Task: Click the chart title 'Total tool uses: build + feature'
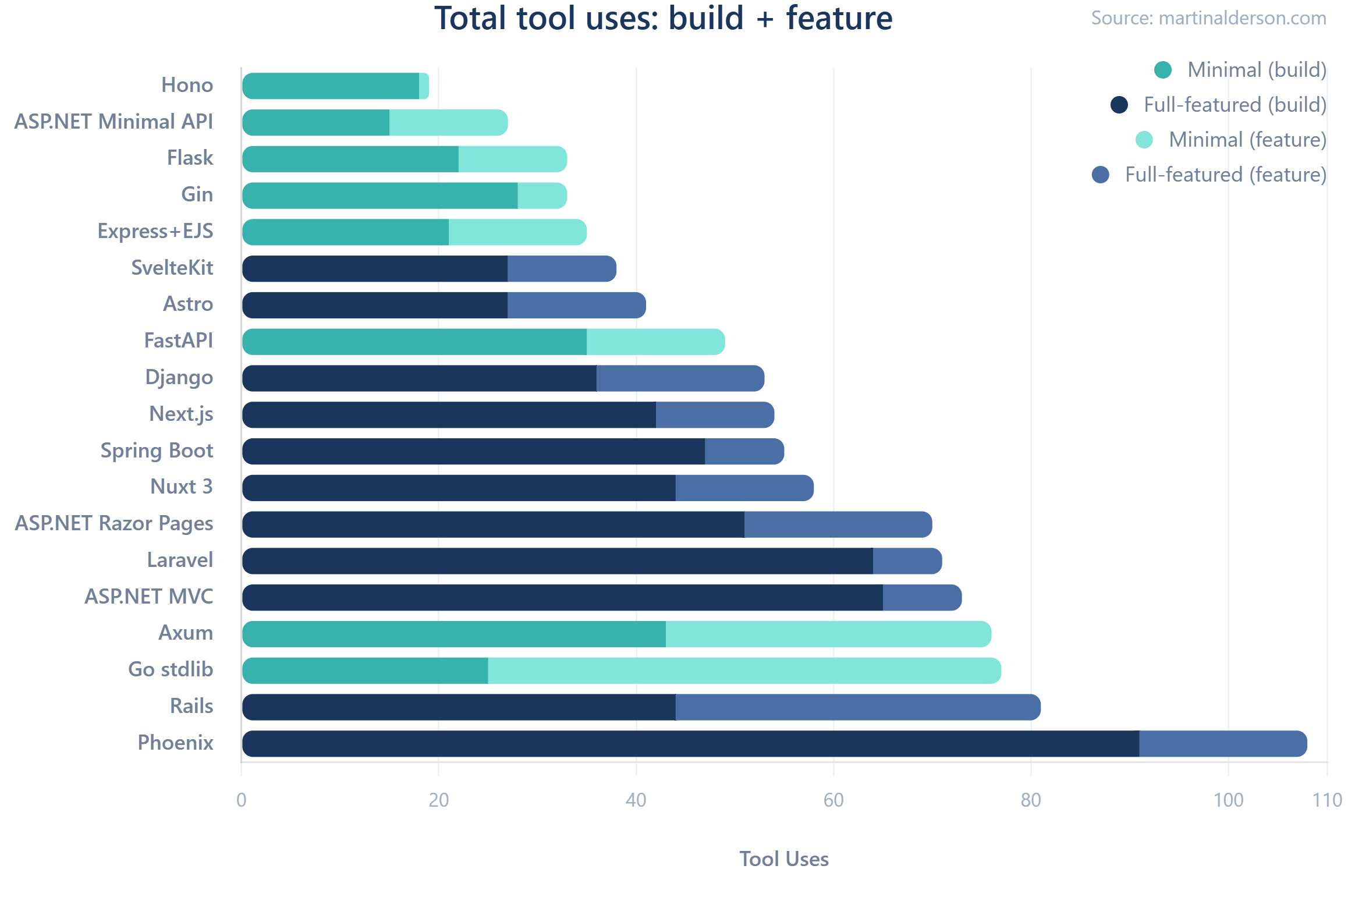[664, 19]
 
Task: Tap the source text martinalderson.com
[1208, 18]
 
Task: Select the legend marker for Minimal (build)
[1162, 70]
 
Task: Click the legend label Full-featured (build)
[1235, 105]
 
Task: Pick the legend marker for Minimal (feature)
[1144, 140]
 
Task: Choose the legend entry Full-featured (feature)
[1225, 175]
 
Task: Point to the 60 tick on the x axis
[833, 800]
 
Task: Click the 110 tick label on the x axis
[1326, 800]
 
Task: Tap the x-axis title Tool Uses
[783, 859]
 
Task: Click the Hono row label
[187, 85]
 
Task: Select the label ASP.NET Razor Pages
[114, 523]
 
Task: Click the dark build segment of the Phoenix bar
[690, 744]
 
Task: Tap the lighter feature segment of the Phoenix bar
[1222, 744]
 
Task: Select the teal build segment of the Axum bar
[454, 634]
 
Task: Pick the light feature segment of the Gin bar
[541, 196]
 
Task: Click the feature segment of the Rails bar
[857, 707]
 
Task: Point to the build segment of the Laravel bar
[558, 561]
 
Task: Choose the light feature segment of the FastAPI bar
[655, 342]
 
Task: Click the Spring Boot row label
[157, 451]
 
